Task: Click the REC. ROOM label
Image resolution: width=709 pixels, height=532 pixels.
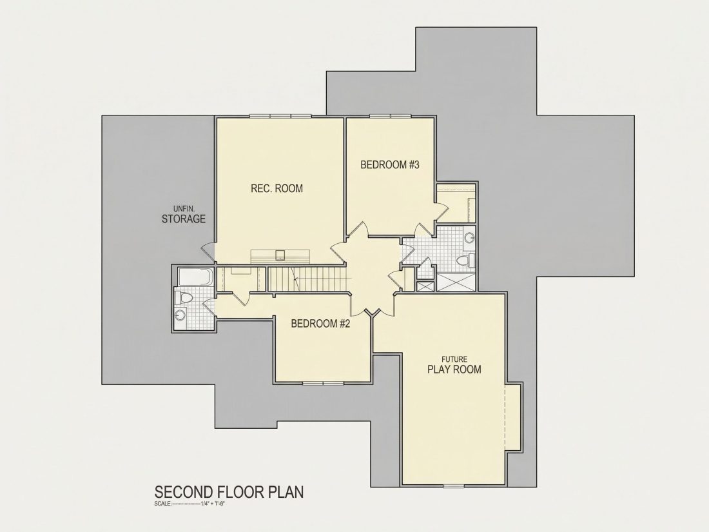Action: (277, 188)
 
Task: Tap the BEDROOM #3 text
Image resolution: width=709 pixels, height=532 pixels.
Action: (390, 164)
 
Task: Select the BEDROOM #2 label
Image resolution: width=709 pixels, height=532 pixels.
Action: (320, 324)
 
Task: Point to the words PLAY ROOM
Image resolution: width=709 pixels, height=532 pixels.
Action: (454, 369)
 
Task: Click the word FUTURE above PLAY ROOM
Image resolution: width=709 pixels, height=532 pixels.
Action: (454, 359)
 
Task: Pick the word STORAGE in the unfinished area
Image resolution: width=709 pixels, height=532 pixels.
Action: (184, 219)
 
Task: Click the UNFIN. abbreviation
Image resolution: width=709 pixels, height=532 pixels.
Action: (184, 209)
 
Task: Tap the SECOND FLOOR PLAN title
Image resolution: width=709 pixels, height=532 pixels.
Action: (229, 492)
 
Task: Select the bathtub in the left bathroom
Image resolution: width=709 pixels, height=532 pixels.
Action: (195, 277)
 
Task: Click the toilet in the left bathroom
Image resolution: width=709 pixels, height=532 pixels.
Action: (184, 298)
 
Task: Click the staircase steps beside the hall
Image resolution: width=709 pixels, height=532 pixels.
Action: (307, 279)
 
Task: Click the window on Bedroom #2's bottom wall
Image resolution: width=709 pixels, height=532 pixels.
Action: (324, 384)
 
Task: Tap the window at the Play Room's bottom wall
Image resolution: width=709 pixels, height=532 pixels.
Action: (454, 486)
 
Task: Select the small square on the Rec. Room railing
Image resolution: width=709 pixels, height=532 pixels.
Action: (281, 255)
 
